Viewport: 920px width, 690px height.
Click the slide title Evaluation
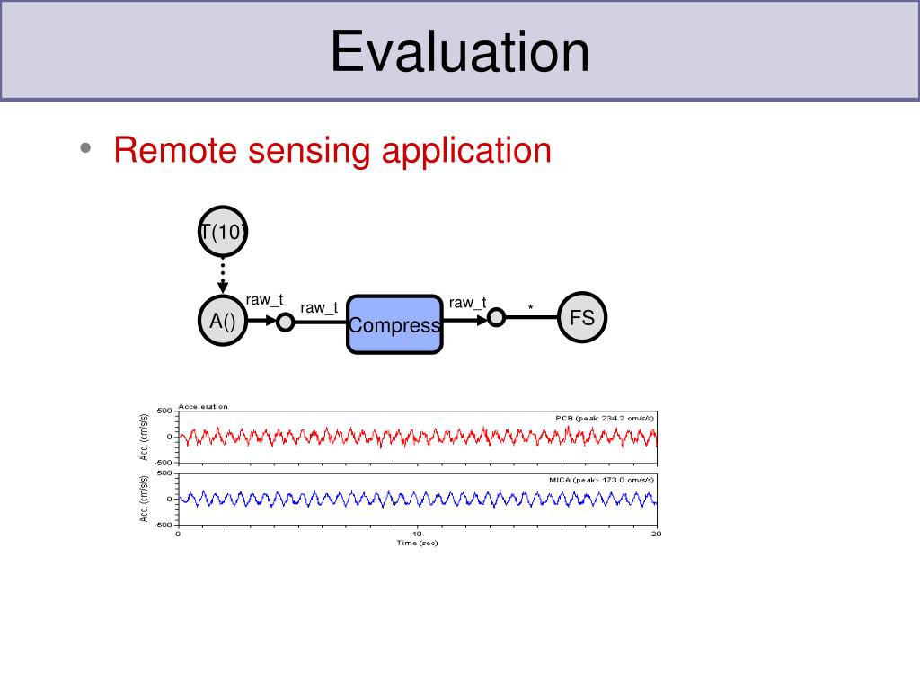pyautogui.click(x=459, y=50)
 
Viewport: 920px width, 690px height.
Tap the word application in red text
pyautogui.click(x=466, y=151)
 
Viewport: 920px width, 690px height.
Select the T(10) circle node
pyautogui.click(x=222, y=233)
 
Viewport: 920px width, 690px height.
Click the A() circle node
pyautogui.click(x=222, y=320)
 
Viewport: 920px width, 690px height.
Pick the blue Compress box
pyautogui.click(x=395, y=324)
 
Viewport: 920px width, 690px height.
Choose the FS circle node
pyautogui.click(x=582, y=318)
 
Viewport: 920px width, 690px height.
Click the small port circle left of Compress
pyautogui.click(x=285, y=322)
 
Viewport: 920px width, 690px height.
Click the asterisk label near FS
pyautogui.click(x=530, y=309)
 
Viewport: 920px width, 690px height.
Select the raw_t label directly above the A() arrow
pyautogui.click(x=265, y=300)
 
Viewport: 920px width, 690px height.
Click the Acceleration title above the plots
pyautogui.click(x=203, y=406)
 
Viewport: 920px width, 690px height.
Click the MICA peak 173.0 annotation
pyautogui.click(x=602, y=481)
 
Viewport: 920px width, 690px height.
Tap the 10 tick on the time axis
pyautogui.click(x=417, y=534)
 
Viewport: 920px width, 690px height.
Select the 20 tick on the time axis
pyautogui.click(x=656, y=534)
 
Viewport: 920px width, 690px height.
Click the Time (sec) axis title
pyautogui.click(x=417, y=543)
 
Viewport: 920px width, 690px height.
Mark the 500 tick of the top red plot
pyautogui.click(x=164, y=411)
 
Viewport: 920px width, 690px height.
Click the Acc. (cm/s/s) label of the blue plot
pyautogui.click(x=145, y=499)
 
